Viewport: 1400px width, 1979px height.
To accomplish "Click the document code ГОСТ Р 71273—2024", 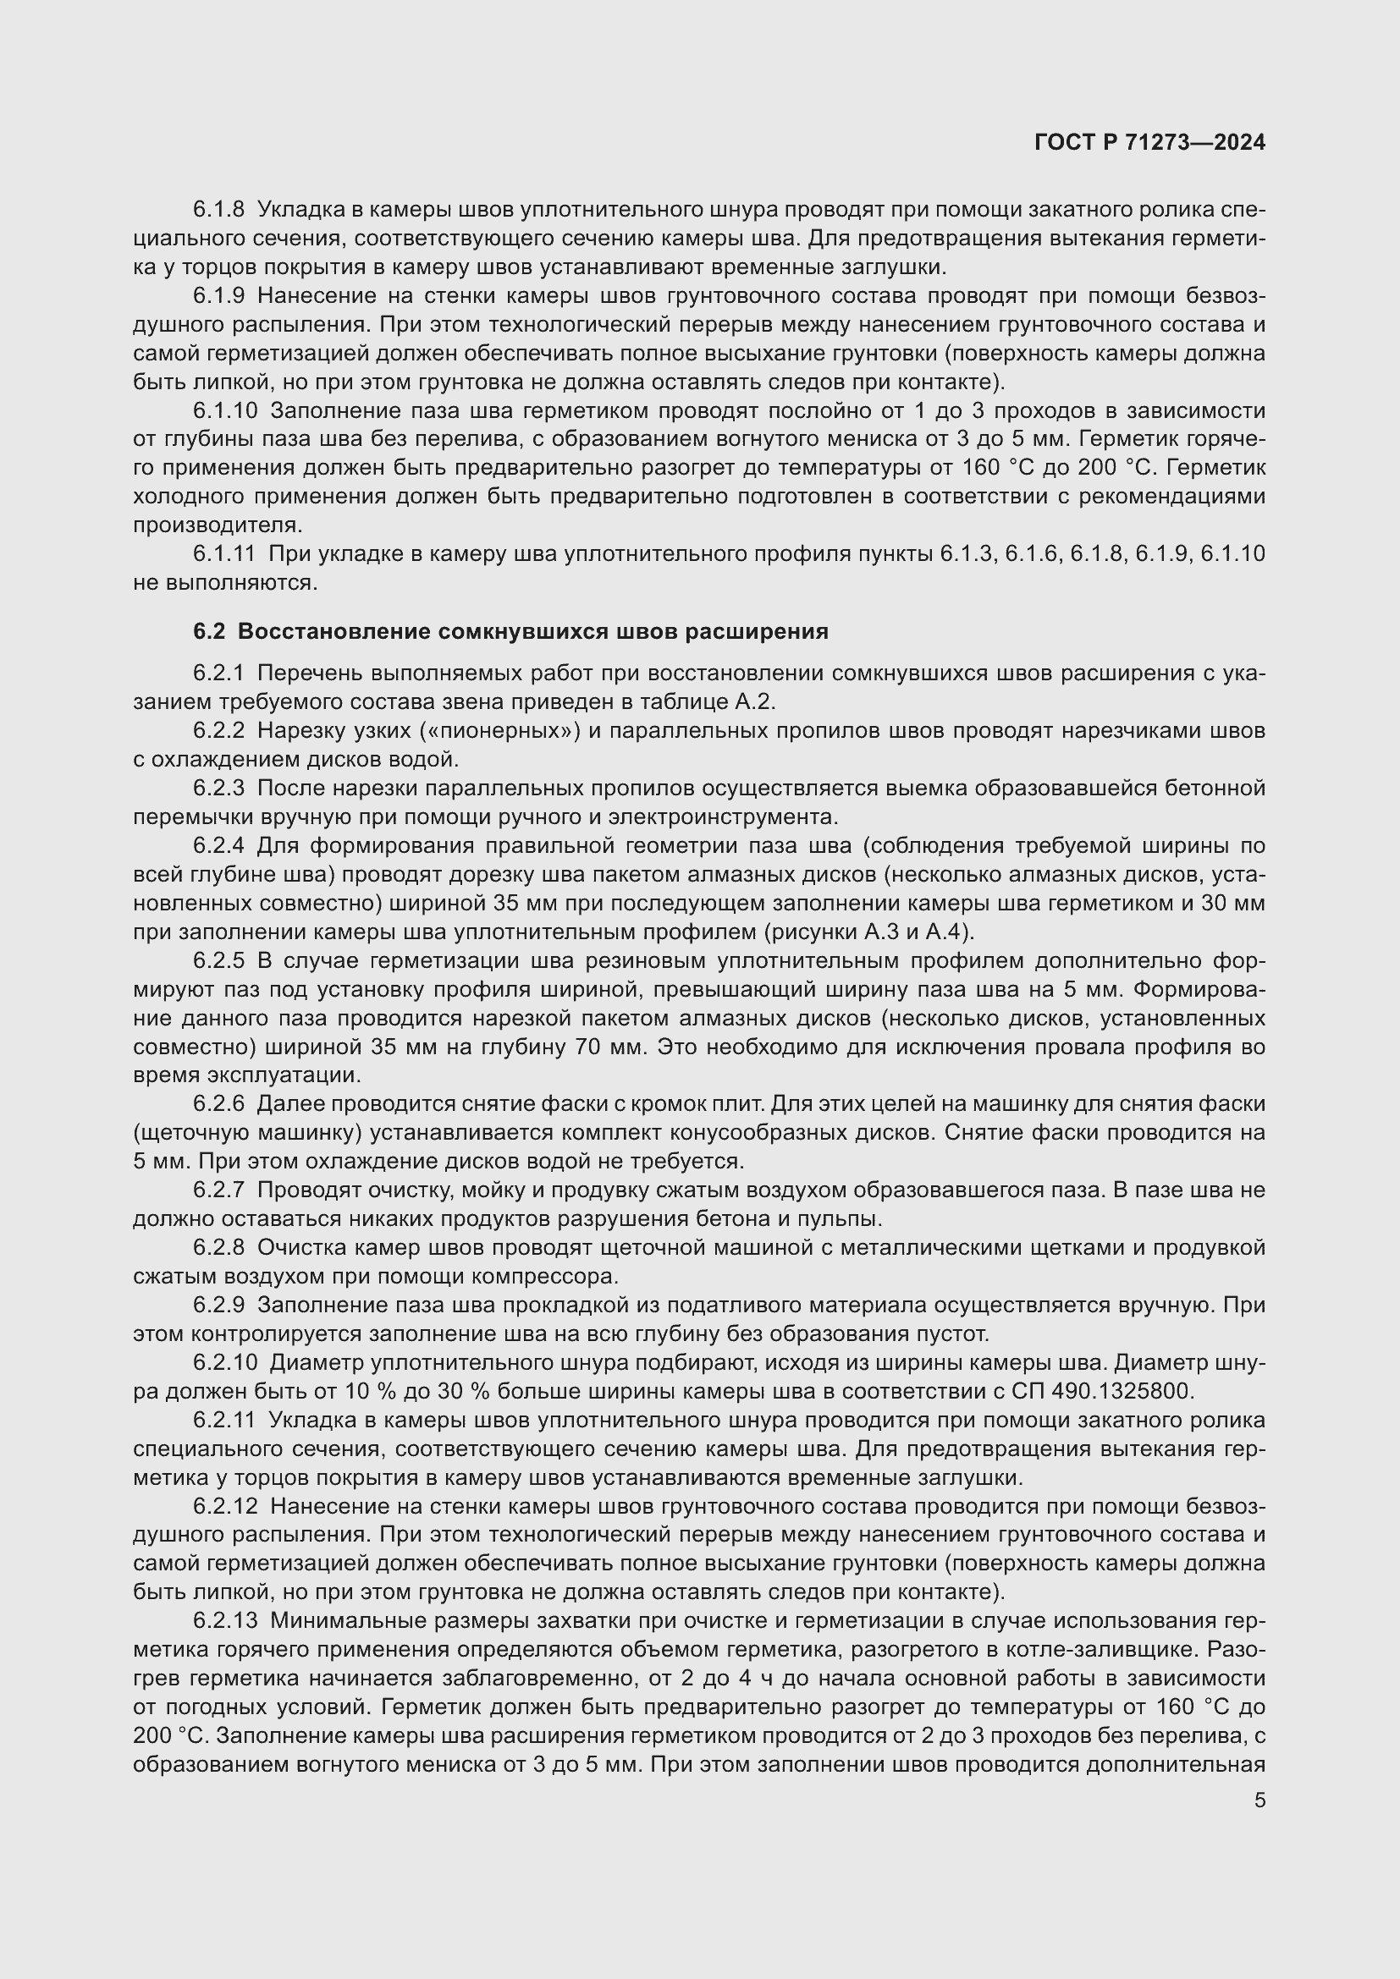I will tap(1149, 143).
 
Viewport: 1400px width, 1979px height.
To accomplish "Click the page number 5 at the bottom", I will tap(1259, 1800).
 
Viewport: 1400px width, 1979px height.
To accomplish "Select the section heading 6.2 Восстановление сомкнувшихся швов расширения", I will tap(510, 632).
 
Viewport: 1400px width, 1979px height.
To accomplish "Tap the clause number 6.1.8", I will tap(219, 210).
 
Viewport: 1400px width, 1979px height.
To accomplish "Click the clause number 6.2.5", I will tap(219, 961).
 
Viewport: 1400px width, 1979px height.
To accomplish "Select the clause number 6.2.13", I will tap(225, 1620).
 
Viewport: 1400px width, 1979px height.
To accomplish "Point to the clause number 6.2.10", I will tap(225, 1363).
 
